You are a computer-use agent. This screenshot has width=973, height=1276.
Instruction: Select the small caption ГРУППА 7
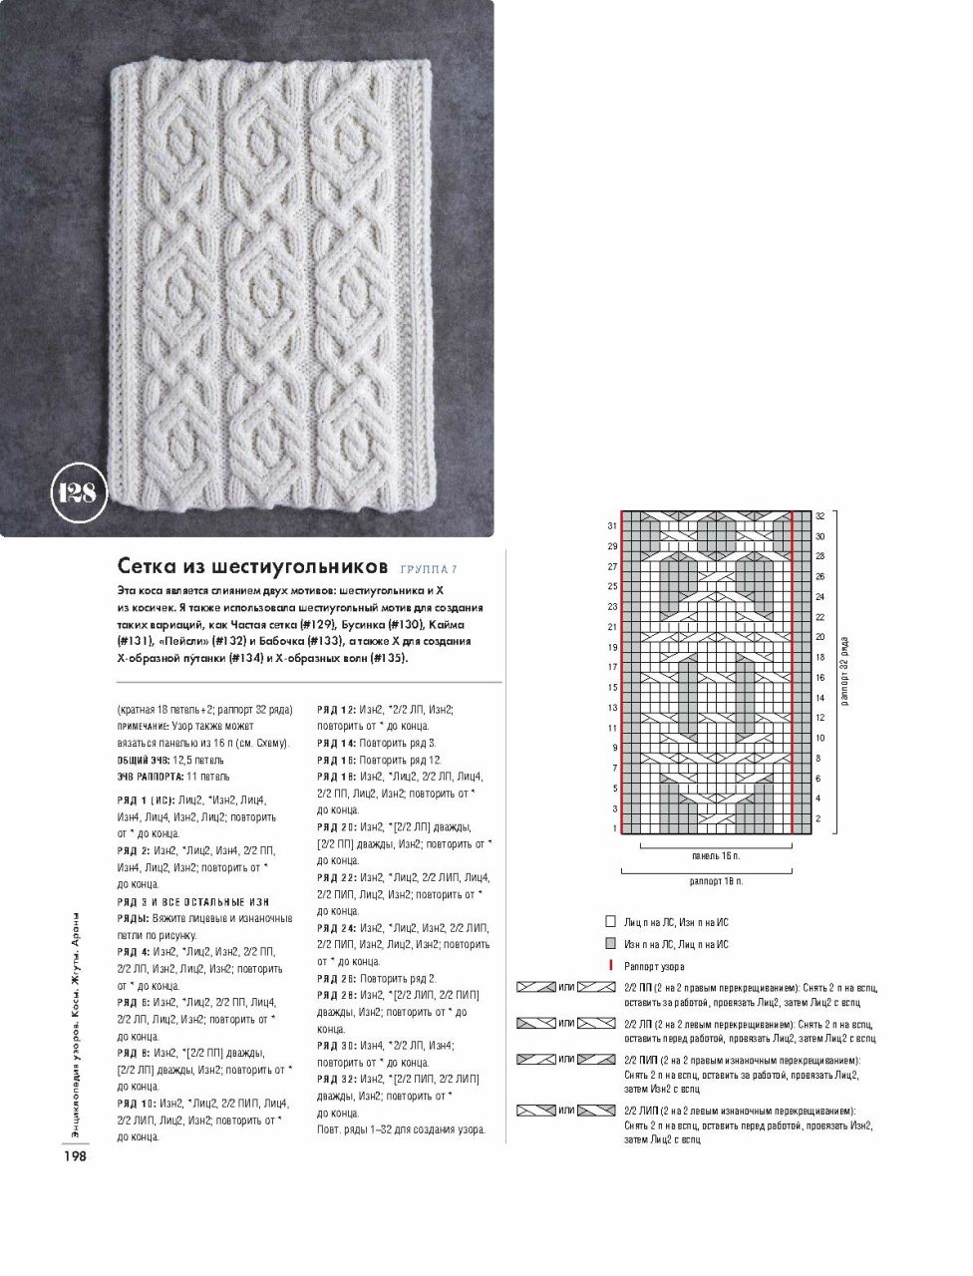point(429,569)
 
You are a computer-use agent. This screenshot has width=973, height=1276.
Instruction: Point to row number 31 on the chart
point(612,526)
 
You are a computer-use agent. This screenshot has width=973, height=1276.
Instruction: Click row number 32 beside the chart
point(819,516)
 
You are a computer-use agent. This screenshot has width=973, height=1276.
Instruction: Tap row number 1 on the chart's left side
point(615,829)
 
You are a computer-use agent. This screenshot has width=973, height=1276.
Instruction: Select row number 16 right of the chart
point(819,678)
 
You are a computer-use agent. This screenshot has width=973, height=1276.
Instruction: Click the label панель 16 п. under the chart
point(716,856)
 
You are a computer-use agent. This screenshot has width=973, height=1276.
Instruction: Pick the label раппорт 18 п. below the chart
point(716,882)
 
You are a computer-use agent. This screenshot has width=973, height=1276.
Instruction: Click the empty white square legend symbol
point(610,922)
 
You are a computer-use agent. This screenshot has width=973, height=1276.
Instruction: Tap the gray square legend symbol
point(610,943)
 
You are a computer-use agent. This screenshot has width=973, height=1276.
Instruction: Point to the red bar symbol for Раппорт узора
point(610,965)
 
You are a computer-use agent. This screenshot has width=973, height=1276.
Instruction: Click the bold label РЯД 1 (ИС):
point(146,799)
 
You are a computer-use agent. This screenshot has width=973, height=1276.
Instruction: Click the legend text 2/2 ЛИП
point(641,1111)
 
